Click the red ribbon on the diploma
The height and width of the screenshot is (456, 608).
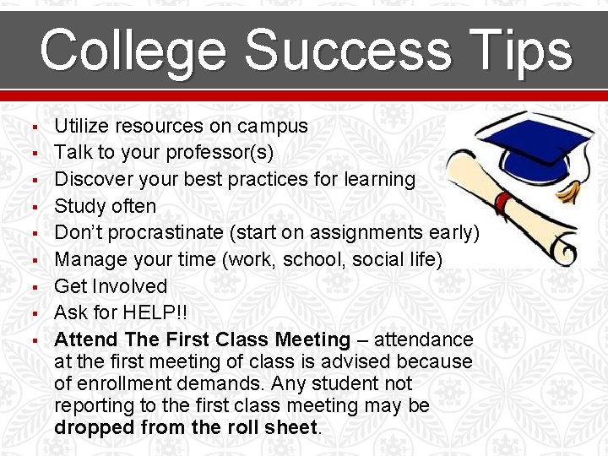click(504, 202)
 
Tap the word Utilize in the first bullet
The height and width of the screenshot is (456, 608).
click(79, 127)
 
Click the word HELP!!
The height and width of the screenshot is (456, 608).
click(159, 312)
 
